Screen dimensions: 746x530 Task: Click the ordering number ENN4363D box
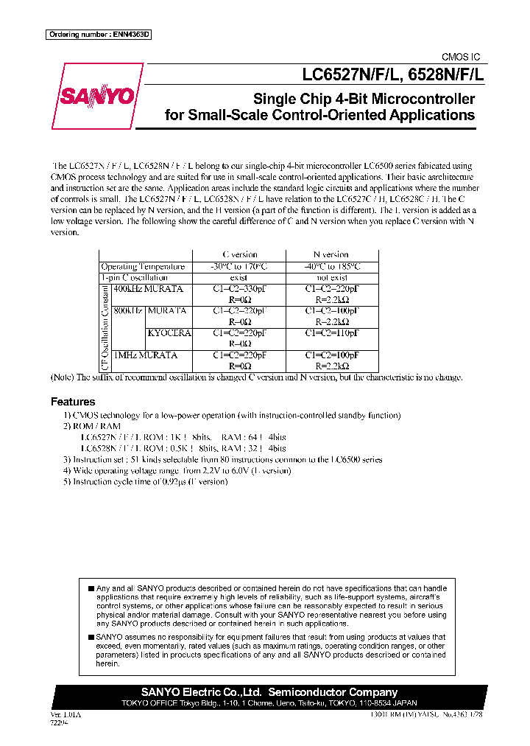pos(98,35)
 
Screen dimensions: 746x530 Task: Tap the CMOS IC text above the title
pos(460,57)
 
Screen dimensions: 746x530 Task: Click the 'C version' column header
pos(239,254)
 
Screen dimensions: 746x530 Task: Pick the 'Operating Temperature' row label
pos(143,266)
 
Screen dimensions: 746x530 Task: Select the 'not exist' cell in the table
pos(331,277)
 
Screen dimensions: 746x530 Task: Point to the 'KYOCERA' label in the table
pos(169,333)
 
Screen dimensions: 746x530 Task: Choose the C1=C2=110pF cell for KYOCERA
pos(331,333)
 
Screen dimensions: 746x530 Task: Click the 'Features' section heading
pos(73,402)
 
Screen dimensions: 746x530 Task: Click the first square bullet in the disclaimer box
pos(91,588)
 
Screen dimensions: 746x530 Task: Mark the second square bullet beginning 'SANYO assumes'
pos(91,636)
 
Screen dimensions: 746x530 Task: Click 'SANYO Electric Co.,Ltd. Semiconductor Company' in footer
pos(269,692)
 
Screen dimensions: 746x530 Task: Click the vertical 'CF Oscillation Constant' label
pos(105,327)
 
